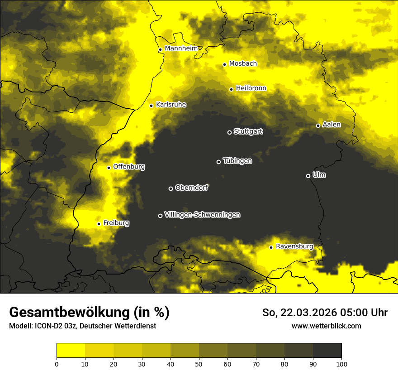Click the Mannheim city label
[181, 48]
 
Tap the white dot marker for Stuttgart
[229, 132]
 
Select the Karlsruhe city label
[171, 105]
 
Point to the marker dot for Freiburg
[99, 224]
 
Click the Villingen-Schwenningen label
[202, 215]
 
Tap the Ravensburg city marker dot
[271, 247]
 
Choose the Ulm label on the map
[319, 175]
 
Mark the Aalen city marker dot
[318, 125]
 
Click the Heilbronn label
[251, 88]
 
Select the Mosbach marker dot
[224, 64]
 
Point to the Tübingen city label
[237, 161]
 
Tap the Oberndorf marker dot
[171, 188]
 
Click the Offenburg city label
[129, 167]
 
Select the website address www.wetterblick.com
[326, 326]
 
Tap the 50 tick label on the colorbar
[199, 364]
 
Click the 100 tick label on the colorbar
[341, 364]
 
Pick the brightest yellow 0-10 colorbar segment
[71, 350]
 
